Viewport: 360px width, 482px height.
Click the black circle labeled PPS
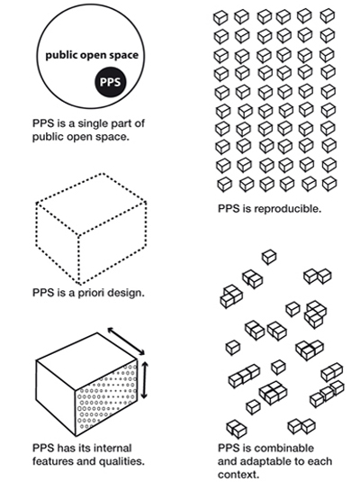point(111,82)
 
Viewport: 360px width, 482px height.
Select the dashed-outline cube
point(91,229)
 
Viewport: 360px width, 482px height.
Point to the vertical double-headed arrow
point(144,380)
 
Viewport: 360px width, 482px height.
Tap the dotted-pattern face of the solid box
point(106,397)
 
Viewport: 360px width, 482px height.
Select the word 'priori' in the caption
point(94,293)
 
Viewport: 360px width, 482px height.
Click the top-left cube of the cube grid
point(220,18)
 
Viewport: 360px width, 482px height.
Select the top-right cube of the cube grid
point(328,16)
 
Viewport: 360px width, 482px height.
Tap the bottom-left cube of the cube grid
point(225,185)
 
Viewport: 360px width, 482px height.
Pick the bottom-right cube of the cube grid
point(329,184)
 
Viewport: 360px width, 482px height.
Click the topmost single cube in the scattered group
point(269,257)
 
